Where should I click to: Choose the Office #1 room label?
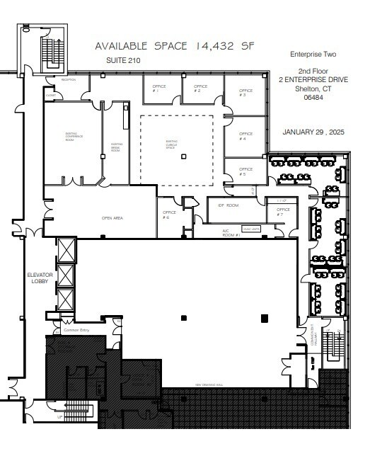[160, 89]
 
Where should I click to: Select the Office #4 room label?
[245, 136]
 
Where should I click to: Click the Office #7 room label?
[283, 212]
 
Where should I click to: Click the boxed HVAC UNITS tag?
[250, 229]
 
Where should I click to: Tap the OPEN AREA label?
[112, 218]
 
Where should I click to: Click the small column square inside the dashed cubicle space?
[183, 156]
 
